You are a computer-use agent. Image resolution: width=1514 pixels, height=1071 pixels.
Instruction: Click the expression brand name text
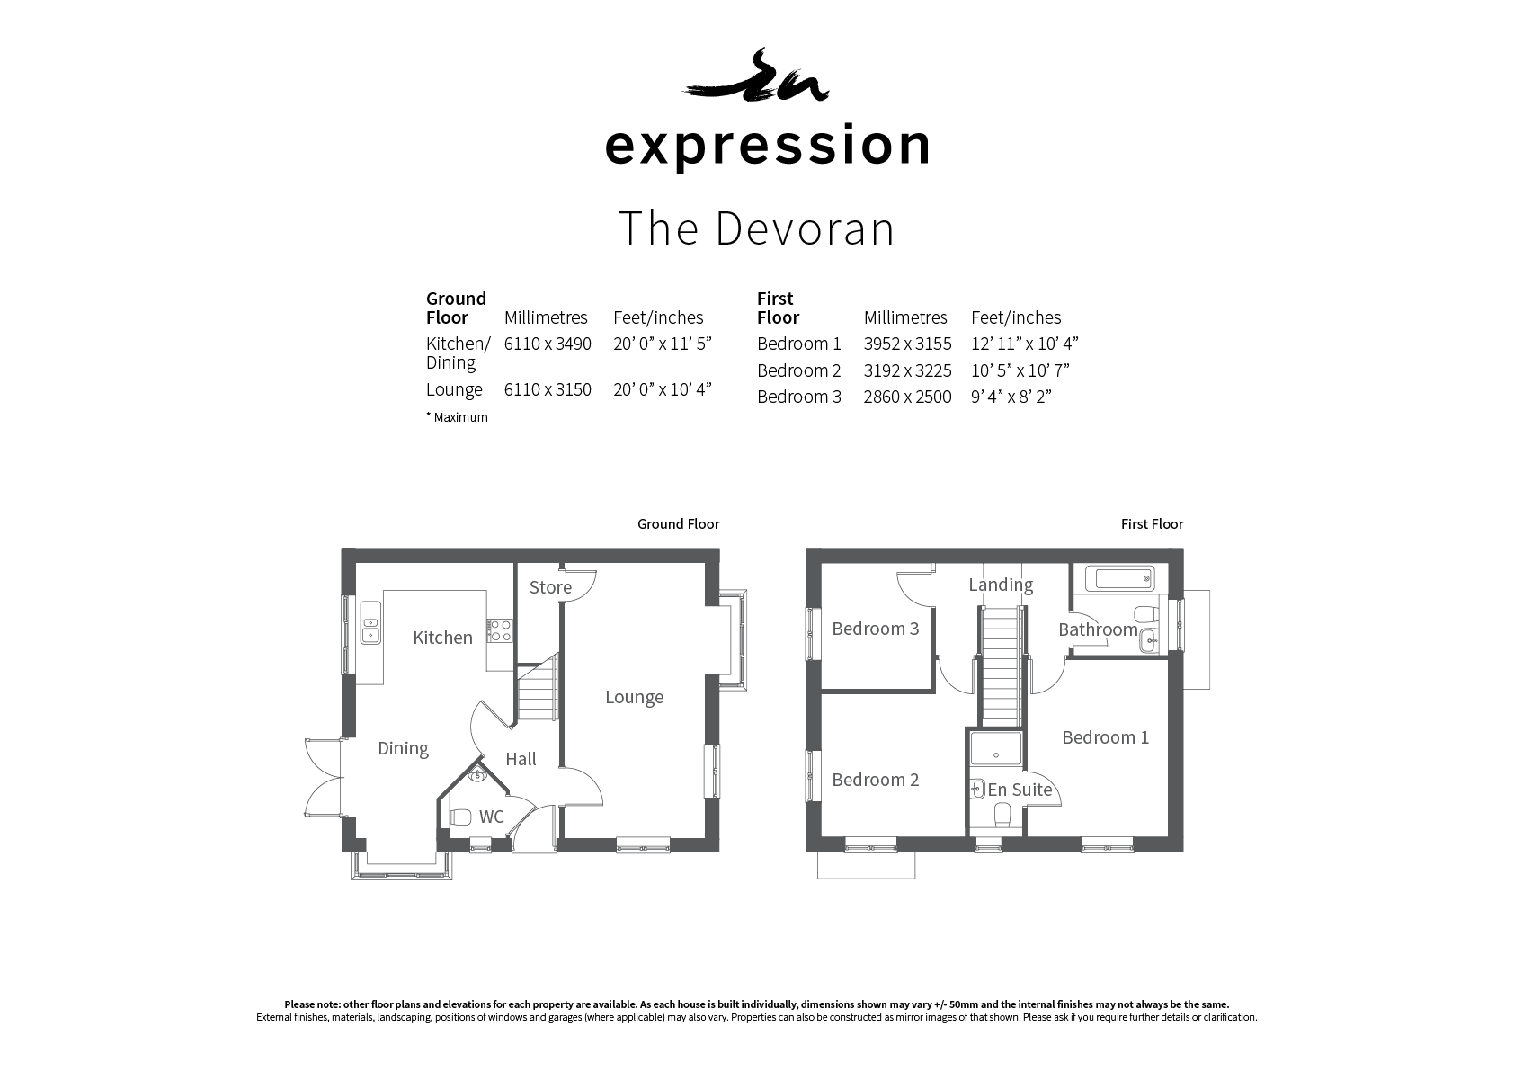click(x=768, y=146)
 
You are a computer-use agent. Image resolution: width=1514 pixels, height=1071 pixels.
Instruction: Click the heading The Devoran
click(x=756, y=228)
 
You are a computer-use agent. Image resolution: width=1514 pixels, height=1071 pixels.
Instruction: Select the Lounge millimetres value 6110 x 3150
click(x=548, y=389)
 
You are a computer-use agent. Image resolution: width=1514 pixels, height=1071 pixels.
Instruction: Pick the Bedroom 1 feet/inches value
click(x=1024, y=344)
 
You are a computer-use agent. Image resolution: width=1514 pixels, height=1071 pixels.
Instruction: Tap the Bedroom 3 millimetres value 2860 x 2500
click(x=907, y=397)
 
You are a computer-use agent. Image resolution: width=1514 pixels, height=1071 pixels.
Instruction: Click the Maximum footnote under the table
click(x=457, y=417)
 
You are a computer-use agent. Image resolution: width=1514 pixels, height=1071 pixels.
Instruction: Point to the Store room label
click(x=550, y=587)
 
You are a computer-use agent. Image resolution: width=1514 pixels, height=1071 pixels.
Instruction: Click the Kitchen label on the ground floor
click(x=442, y=638)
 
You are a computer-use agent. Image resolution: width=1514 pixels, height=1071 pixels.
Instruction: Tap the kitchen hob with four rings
click(x=500, y=631)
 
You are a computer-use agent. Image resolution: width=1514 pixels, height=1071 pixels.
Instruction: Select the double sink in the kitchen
click(x=370, y=622)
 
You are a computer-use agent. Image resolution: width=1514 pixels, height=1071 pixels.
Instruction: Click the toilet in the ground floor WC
click(x=460, y=817)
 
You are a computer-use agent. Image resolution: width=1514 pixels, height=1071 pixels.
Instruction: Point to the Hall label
click(x=521, y=759)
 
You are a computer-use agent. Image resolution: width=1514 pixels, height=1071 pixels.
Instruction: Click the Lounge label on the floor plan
click(x=634, y=698)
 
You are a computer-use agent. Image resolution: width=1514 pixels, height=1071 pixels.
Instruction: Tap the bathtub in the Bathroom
click(x=1119, y=579)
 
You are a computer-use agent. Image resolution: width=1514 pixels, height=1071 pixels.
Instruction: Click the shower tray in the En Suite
click(x=995, y=748)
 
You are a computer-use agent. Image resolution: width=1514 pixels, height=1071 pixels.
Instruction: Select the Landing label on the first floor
click(x=1001, y=585)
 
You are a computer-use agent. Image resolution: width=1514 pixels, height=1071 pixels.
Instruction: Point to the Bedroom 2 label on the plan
click(x=876, y=781)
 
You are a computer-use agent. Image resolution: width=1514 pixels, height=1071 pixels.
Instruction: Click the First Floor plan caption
click(x=1152, y=524)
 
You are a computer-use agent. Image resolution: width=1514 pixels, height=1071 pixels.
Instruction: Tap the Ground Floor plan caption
click(x=678, y=524)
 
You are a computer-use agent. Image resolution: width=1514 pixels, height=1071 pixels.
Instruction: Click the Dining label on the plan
click(x=403, y=749)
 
